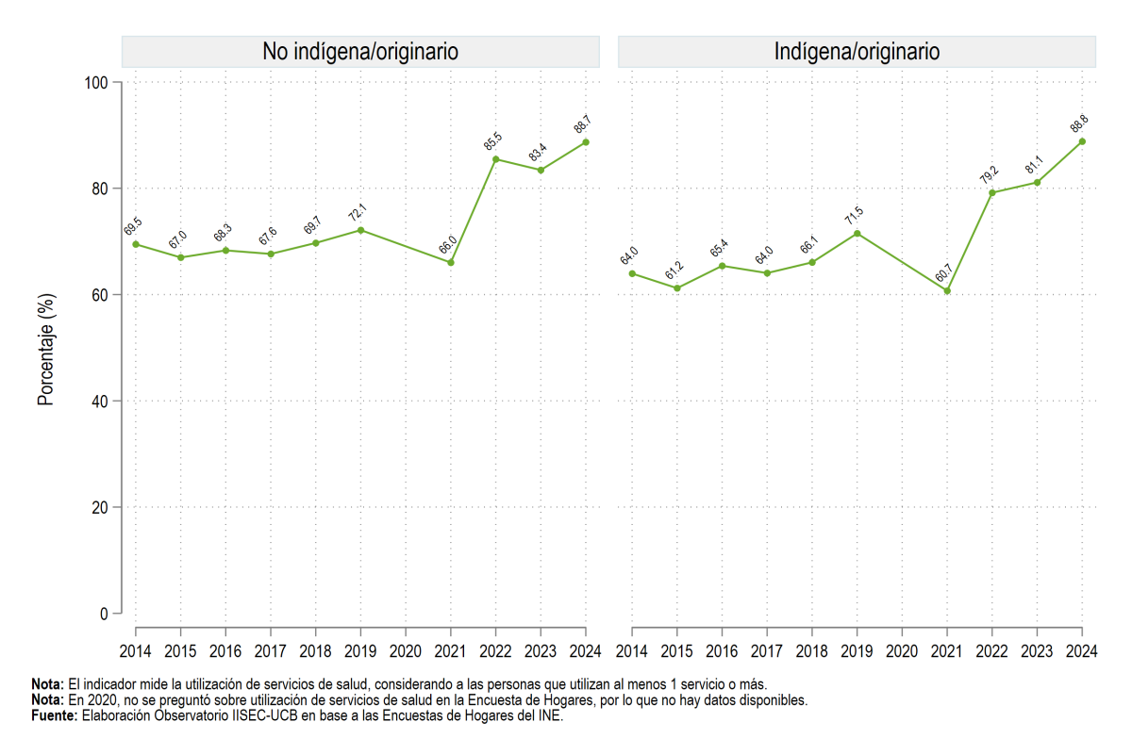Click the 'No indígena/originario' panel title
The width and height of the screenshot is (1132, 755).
360,52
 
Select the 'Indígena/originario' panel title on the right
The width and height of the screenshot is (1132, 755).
857,52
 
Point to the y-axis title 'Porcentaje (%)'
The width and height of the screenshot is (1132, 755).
46,350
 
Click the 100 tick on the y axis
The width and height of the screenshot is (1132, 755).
96,82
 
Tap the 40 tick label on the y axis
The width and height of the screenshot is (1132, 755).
100,402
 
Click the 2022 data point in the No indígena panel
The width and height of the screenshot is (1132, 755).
496,159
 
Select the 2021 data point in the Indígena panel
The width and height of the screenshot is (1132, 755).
947,291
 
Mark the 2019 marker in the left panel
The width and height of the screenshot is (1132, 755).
360,230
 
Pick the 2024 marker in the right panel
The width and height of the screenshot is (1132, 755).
1082,142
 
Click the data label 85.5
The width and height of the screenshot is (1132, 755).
492,141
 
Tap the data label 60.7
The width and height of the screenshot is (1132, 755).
943,272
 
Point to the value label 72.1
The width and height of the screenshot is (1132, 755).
358,213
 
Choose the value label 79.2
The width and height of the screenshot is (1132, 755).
989,174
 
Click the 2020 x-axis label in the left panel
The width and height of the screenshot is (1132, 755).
406,651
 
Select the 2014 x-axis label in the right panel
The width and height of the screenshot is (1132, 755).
632,651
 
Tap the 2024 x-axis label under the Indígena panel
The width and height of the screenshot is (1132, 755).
1081,651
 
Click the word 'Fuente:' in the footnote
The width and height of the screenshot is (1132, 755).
55,715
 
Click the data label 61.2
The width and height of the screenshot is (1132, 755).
674,271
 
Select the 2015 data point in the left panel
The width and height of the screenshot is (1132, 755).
181,257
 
